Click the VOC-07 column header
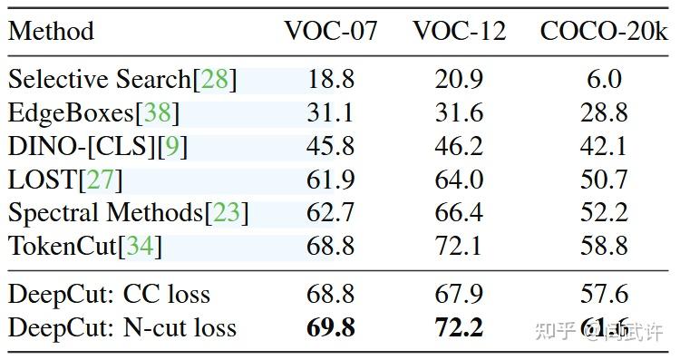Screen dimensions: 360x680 click(331, 31)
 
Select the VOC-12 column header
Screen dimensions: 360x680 click(460, 31)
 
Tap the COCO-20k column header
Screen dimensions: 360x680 click(604, 31)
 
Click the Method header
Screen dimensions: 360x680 click(51, 31)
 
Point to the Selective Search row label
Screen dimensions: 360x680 click(100, 80)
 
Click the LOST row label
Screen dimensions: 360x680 click(44, 180)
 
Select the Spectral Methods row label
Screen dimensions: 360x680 click(105, 213)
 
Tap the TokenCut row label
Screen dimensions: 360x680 click(63, 246)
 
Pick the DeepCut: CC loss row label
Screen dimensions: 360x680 click(109, 294)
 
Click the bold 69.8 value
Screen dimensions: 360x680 click(331, 327)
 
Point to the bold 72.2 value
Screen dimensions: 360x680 click(460, 327)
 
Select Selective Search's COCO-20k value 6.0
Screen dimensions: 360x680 click(604, 80)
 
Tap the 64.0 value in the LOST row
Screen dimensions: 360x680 click(460, 180)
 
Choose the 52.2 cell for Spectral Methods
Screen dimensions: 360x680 click(604, 213)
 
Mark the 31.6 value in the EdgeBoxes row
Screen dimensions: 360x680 click(460, 113)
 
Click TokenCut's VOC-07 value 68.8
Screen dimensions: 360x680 click(331, 246)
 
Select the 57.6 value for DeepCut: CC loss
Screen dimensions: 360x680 click(604, 294)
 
